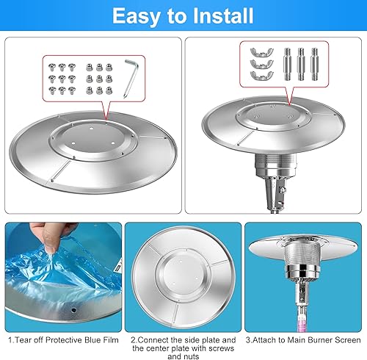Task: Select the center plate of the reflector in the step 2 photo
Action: click(183, 271)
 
